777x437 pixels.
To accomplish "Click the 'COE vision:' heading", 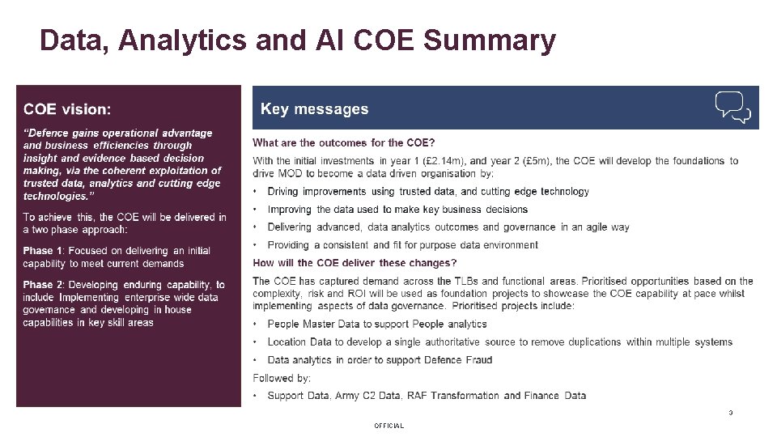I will pyautogui.click(x=67, y=108).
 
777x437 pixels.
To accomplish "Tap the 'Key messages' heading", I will pyautogui.click(x=314, y=109).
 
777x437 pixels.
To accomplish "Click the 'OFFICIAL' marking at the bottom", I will pyautogui.click(x=388, y=426).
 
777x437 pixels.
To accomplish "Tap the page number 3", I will pyautogui.click(x=730, y=413).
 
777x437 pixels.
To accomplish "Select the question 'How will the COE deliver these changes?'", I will pyautogui.click(x=355, y=263).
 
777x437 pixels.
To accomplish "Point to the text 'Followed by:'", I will pyautogui.click(x=282, y=378).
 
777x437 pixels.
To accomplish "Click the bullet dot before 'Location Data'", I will pyautogui.click(x=256, y=342).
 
